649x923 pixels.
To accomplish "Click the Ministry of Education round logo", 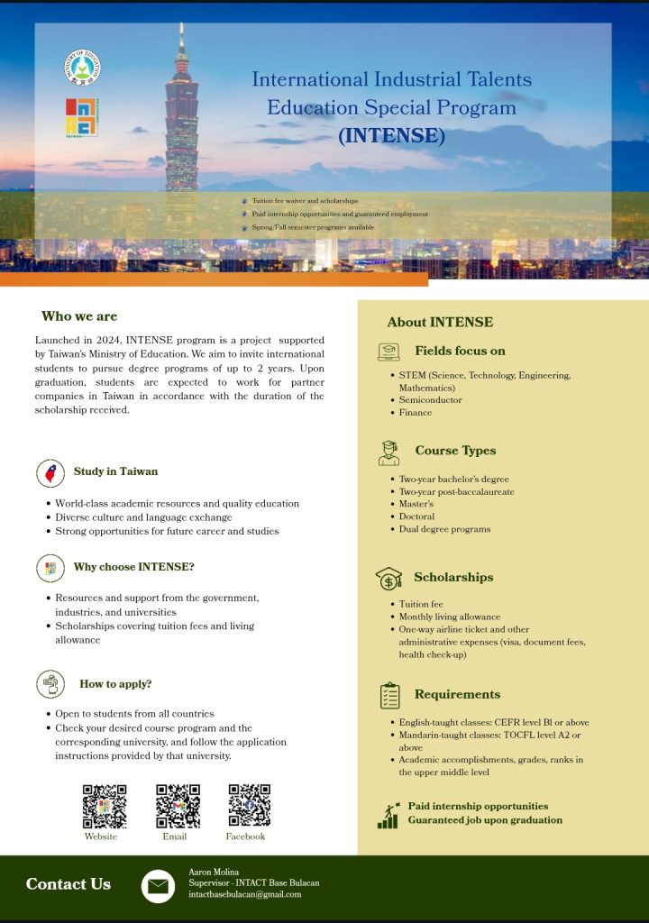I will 82,68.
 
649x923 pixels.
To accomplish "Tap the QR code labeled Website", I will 104,806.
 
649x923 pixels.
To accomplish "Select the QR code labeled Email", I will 178,806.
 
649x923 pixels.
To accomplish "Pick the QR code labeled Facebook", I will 249,806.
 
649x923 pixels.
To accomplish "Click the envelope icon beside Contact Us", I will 158,886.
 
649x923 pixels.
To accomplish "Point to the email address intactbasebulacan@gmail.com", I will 244,895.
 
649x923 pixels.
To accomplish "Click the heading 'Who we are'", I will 79,316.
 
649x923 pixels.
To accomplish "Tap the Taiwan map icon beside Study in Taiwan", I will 50,472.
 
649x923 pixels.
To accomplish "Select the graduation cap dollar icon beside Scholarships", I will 388,578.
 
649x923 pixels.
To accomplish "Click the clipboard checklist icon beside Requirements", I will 389,695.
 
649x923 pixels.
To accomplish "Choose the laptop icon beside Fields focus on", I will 388,352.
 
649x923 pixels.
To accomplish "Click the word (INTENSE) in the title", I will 391,136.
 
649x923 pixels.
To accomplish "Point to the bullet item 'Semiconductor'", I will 430,400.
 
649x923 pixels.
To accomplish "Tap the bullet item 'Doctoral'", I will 416,516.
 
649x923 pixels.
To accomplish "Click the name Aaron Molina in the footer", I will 214,872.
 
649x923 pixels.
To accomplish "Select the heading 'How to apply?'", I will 115,684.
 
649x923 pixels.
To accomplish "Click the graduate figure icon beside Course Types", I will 388,452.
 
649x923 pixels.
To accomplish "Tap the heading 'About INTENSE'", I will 440,323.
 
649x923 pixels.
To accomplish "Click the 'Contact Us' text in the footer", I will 69,884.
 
